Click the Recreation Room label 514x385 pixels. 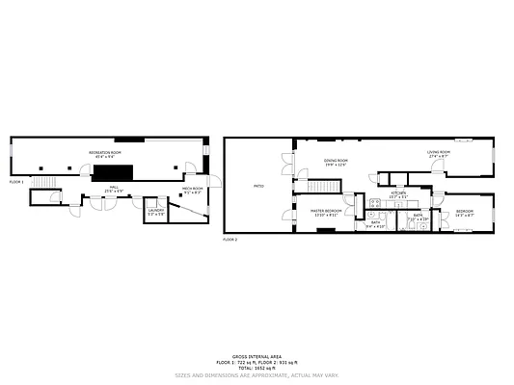pyautogui.click(x=104, y=155)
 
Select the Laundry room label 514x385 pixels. pyautogui.click(x=155, y=212)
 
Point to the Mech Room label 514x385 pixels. pyautogui.click(x=193, y=190)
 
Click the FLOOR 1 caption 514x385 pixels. pyautogui.click(x=17, y=181)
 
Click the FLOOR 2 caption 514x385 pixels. pyautogui.click(x=230, y=239)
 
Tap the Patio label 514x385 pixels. pyautogui.click(x=257, y=186)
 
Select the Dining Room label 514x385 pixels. pyautogui.click(x=335, y=162)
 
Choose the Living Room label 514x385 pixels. pyautogui.click(x=440, y=153)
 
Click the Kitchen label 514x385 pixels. pyautogui.click(x=398, y=194)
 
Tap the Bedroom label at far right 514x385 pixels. pyautogui.click(x=464, y=212)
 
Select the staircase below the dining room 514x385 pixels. pyautogui.click(x=321, y=186)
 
